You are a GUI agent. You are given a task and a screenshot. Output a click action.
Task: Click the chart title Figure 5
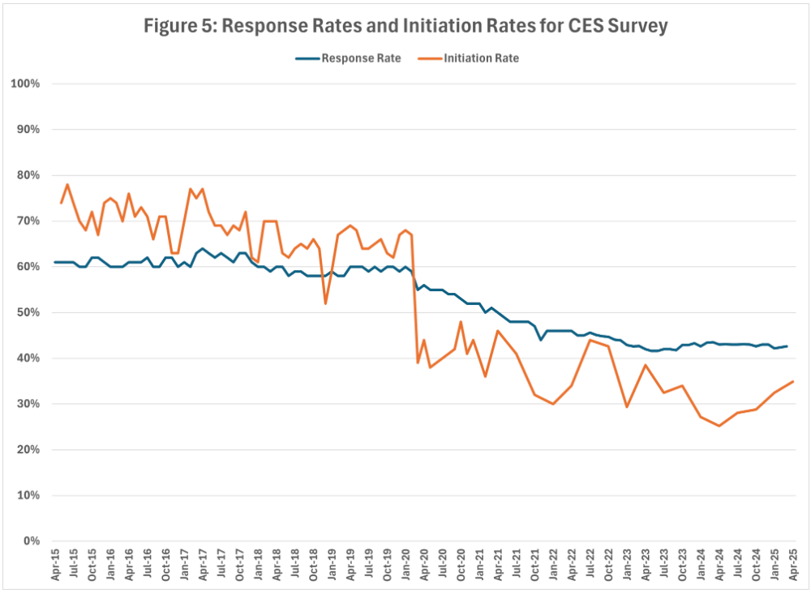[405, 26]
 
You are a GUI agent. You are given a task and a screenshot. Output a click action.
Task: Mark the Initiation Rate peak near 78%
[67, 184]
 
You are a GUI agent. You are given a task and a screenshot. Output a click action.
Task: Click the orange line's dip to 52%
[325, 303]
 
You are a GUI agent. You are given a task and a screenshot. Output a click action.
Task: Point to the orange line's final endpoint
[792, 381]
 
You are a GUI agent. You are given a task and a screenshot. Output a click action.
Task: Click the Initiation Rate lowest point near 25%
[719, 426]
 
